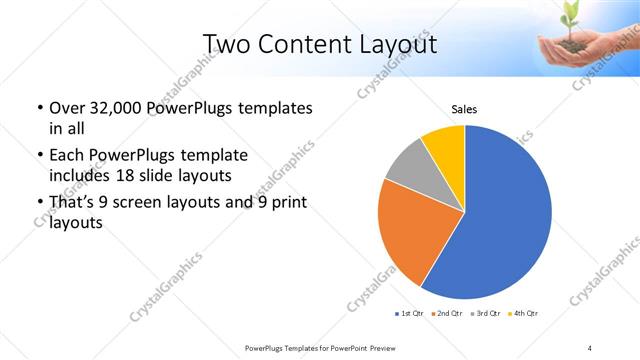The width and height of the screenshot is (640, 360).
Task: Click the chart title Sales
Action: [464, 109]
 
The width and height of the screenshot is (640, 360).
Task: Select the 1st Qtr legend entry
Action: [409, 313]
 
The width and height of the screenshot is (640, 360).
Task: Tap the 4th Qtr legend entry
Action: [525, 313]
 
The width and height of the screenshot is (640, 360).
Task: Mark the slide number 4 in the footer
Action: [590, 347]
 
